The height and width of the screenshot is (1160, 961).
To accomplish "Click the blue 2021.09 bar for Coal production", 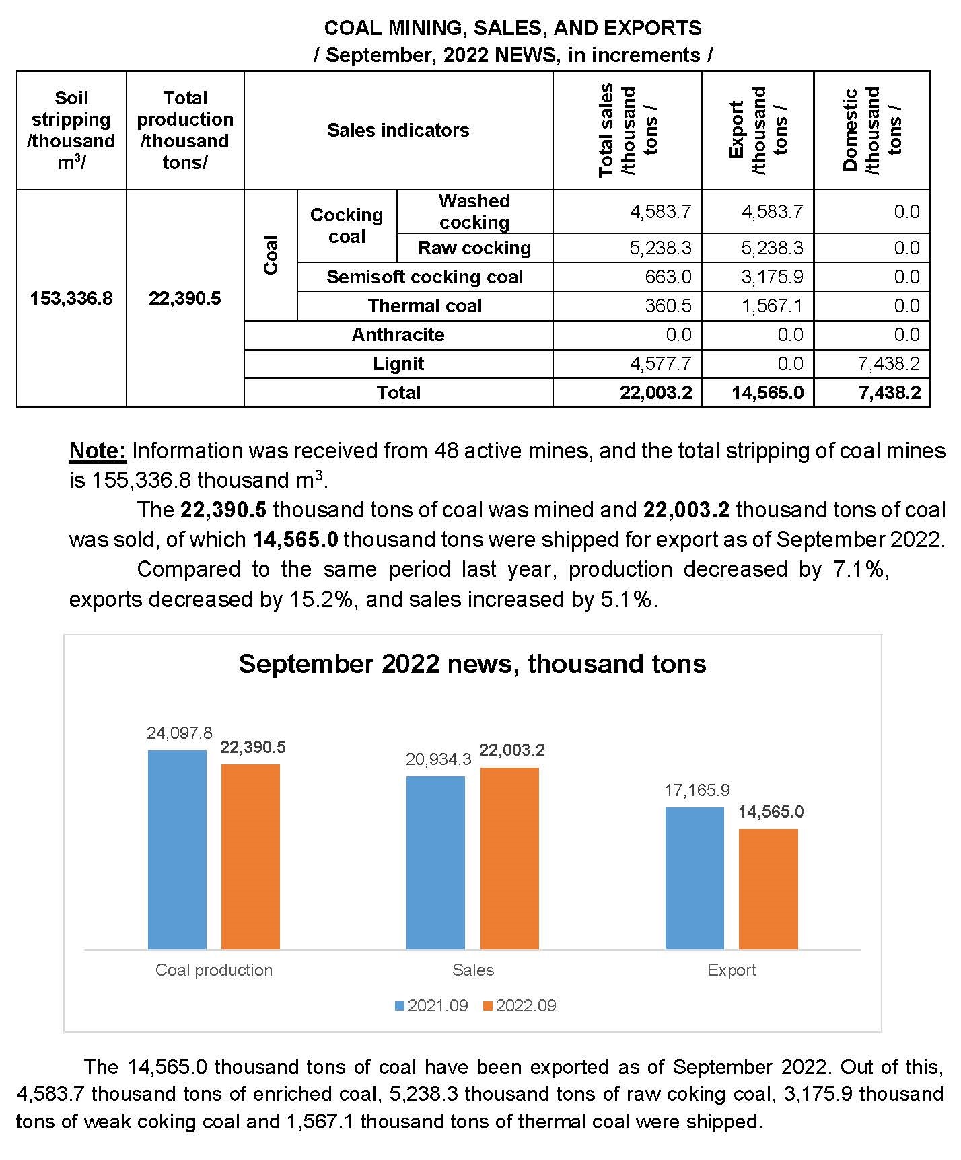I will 177,849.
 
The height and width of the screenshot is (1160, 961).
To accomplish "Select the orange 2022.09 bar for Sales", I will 509,858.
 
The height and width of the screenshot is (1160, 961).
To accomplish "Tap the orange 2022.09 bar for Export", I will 768,888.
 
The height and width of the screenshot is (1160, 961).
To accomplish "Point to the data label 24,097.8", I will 180,733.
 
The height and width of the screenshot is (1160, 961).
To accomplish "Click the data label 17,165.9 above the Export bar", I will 697,790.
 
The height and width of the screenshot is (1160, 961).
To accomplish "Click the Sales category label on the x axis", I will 473,970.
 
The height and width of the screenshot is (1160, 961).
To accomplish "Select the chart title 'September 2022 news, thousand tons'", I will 472,663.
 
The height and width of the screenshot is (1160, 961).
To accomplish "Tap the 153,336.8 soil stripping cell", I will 71,298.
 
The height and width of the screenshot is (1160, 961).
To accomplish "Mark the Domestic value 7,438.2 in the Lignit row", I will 888,363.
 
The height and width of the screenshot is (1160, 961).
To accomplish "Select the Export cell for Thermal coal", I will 772,305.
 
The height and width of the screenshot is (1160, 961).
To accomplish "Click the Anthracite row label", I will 398,334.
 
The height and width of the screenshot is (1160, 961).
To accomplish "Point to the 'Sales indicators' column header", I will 398,130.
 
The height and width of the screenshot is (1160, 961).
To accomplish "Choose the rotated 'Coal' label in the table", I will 271,254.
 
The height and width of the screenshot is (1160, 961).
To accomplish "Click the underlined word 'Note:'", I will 98,451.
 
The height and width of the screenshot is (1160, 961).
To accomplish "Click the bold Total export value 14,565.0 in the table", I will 767,392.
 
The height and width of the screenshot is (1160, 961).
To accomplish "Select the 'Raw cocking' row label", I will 474,248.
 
